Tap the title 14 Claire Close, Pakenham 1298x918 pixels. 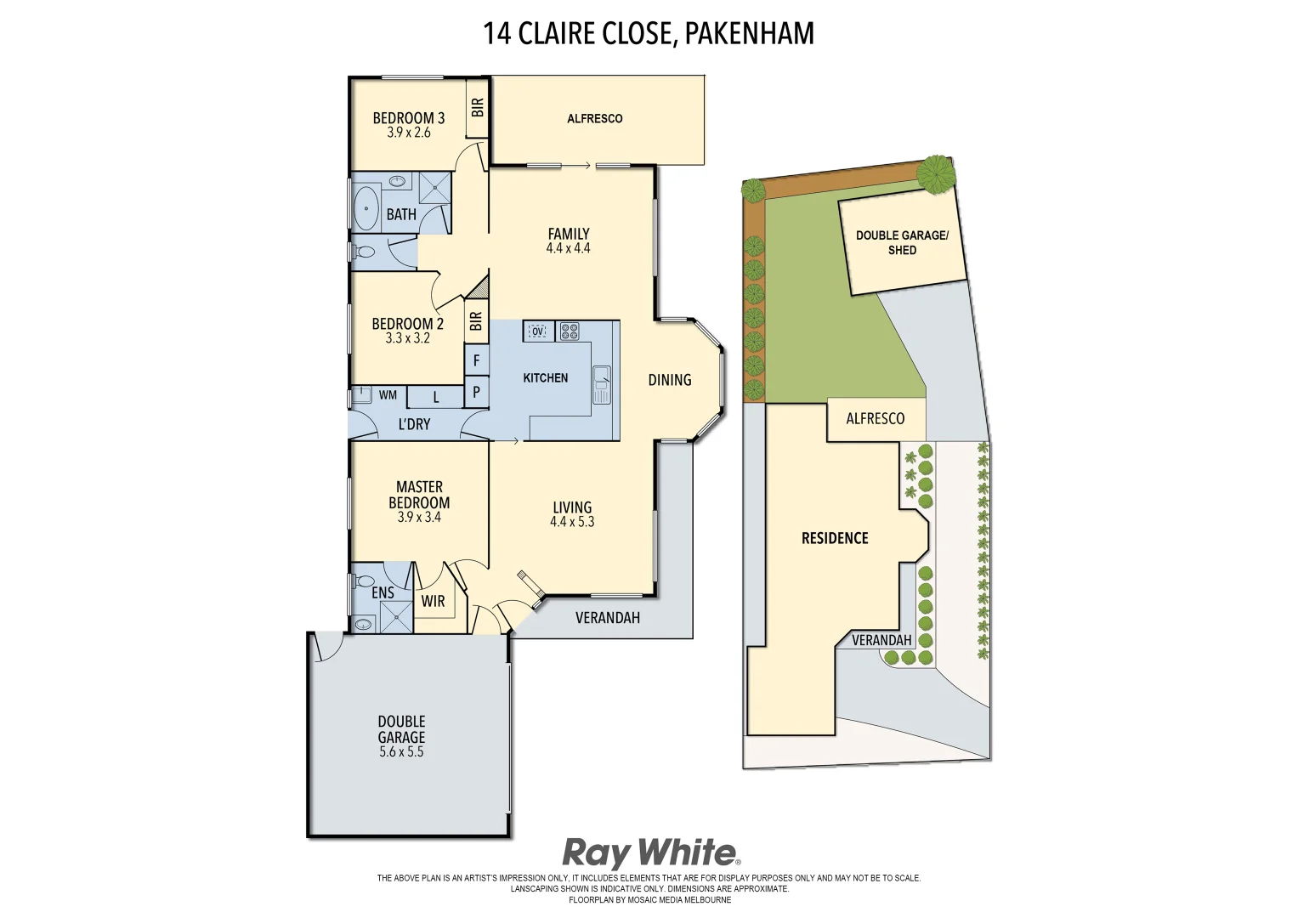coord(649,33)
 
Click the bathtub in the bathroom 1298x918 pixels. coord(367,208)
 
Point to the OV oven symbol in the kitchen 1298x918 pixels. coord(538,331)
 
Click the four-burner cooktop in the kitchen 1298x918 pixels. coord(568,331)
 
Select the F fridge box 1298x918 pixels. coord(477,360)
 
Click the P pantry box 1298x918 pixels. coord(477,392)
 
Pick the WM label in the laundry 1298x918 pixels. coord(388,395)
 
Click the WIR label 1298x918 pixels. coord(434,601)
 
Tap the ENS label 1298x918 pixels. coord(383,592)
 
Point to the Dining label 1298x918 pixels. coord(670,380)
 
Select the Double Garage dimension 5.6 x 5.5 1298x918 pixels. coord(401,752)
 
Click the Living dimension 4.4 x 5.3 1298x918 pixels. coord(572,522)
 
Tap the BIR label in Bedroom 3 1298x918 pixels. coord(478,107)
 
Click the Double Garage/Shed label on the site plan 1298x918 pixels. coord(901,242)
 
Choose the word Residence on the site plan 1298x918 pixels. coord(835,538)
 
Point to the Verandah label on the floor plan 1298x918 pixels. coord(607,618)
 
